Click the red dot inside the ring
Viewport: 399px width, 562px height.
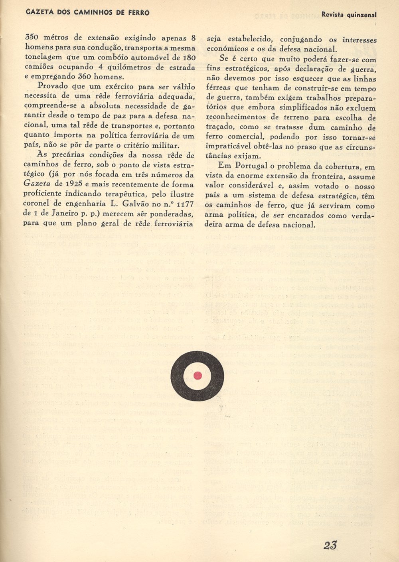click(198, 375)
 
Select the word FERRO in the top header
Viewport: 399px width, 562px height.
click(138, 13)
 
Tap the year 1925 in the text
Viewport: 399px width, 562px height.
click(75, 184)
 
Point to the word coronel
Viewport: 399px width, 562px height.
click(38, 204)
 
